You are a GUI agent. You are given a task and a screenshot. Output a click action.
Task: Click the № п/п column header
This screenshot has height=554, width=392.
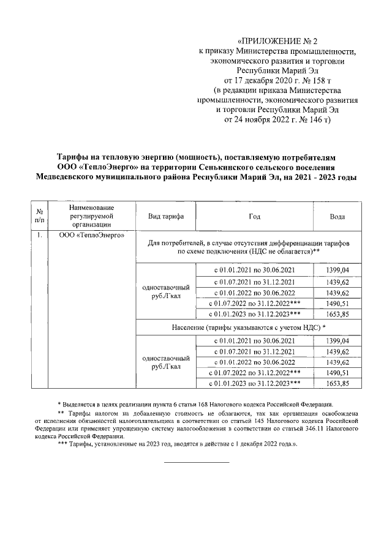point(39,216)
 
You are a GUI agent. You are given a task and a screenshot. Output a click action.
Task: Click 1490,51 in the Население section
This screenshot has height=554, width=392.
point(337,372)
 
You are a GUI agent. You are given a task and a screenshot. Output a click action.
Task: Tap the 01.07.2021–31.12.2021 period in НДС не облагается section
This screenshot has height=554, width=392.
point(254,282)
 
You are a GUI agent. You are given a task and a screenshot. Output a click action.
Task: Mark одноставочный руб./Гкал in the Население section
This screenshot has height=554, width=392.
point(165,362)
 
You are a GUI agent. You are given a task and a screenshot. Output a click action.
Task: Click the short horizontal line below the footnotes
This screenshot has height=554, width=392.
point(196,462)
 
